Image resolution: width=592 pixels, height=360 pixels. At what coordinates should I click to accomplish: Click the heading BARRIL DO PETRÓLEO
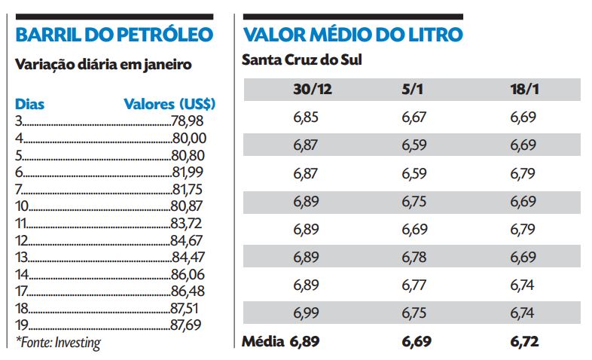click(x=114, y=35)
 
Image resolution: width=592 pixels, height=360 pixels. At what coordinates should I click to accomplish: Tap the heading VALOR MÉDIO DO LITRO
click(x=352, y=35)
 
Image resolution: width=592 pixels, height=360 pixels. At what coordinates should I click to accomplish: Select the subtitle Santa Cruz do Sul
click(x=301, y=59)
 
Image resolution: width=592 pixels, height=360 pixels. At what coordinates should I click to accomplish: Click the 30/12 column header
click(x=313, y=90)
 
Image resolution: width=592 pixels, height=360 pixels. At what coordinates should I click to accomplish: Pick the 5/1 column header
click(x=414, y=90)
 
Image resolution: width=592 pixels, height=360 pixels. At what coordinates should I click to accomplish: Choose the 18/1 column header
click(x=524, y=90)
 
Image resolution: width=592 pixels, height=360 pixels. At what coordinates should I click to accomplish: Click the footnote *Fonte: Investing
click(x=58, y=343)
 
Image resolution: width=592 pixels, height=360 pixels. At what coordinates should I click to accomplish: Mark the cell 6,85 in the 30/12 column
click(x=305, y=117)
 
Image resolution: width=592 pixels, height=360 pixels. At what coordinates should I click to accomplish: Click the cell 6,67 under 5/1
click(x=414, y=117)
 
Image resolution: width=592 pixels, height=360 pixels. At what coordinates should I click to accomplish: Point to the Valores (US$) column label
click(x=169, y=104)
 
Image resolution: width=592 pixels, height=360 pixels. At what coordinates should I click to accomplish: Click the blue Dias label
click(x=30, y=104)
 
